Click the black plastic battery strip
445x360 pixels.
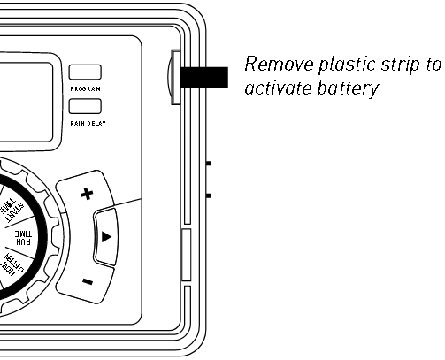point(204,77)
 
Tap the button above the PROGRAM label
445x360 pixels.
point(85,73)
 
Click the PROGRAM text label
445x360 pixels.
point(86,88)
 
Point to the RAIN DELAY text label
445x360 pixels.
point(88,123)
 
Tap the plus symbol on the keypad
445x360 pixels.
point(87,194)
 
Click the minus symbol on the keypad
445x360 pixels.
point(88,281)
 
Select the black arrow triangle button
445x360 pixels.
point(106,237)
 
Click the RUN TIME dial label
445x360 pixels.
point(23,238)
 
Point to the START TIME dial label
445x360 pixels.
point(12,209)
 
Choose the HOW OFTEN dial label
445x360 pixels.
point(12,264)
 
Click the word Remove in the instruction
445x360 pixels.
point(279,64)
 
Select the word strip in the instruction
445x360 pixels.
point(401,65)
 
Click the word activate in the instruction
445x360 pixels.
point(278,88)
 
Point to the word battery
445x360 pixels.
point(348,89)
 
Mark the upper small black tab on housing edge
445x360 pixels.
point(209,164)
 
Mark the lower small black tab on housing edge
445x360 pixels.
point(209,195)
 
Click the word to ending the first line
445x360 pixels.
point(433,65)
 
